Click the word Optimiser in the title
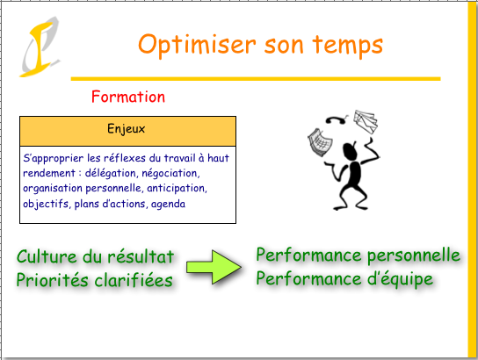click(x=197, y=45)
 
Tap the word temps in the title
click(x=348, y=45)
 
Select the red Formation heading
click(x=128, y=97)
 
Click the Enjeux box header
click(x=127, y=131)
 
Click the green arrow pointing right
click(x=214, y=267)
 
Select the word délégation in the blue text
click(x=111, y=173)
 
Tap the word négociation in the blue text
click(x=171, y=173)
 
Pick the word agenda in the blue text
click(x=168, y=204)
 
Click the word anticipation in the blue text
click(x=177, y=189)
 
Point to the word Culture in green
click(x=47, y=256)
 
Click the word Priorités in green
click(x=53, y=280)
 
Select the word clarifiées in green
click(x=134, y=280)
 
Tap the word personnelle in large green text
click(x=414, y=256)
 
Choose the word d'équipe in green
click(x=401, y=279)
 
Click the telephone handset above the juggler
click(x=337, y=119)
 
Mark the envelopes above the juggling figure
click(x=366, y=122)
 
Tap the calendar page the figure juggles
click(x=320, y=142)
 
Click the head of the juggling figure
click(x=350, y=151)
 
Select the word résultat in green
click(x=141, y=256)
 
